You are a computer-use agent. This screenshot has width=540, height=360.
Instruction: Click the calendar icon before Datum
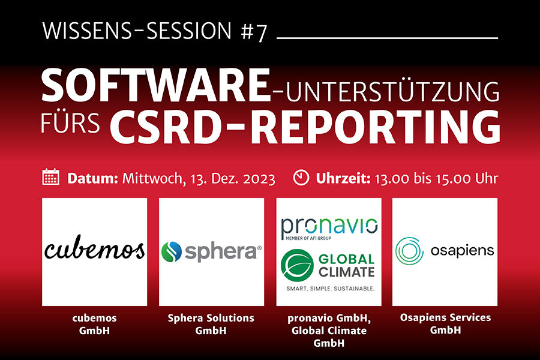(x=50, y=177)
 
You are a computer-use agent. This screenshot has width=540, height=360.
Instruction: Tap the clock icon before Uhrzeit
(x=301, y=178)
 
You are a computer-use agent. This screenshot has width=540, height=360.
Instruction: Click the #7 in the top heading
(x=254, y=31)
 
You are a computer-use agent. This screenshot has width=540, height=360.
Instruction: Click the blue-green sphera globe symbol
(x=171, y=251)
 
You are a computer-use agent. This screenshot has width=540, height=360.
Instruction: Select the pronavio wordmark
(x=329, y=227)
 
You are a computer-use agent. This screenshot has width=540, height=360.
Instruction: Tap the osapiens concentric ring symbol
(x=409, y=251)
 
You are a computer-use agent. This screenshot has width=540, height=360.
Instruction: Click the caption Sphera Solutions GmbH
(x=211, y=324)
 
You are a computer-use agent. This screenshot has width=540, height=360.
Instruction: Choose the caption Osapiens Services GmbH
(x=445, y=323)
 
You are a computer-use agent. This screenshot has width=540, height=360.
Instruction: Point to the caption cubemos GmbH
(x=94, y=324)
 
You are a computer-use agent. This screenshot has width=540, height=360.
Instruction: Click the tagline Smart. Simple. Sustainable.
(x=330, y=289)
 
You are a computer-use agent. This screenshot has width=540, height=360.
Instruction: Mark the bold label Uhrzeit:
(x=343, y=179)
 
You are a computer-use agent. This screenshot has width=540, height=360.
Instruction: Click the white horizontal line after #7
(x=388, y=38)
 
